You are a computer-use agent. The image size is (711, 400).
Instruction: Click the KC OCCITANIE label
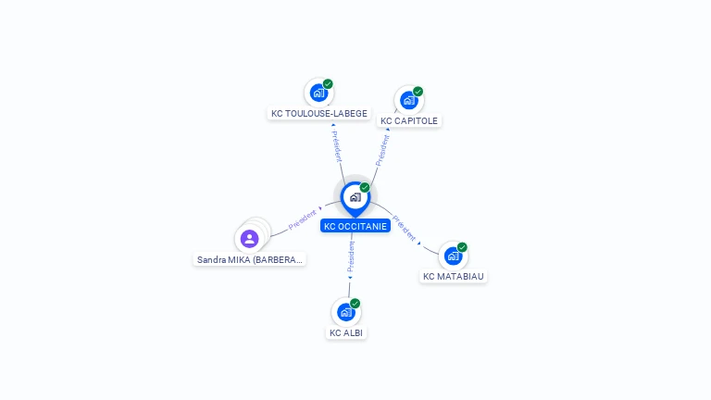pyautogui.click(x=355, y=226)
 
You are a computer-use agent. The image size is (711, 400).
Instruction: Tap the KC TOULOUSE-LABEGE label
pyautogui.click(x=319, y=114)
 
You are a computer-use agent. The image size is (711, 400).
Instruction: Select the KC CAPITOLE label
pyautogui.click(x=409, y=121)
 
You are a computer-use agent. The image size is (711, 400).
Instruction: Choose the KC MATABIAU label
pyautogui.click(x=454, y=276)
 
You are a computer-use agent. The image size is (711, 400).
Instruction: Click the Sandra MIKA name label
pyautogui.click(x=250, y=260)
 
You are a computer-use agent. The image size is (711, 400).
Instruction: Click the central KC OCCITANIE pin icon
pyautogui.click(x=355, y=197)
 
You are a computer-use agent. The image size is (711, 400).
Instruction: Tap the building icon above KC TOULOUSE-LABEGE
pyautogui.click(x=318, y=93)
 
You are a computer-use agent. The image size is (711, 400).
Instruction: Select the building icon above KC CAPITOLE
pyautogui.click(x=408, y=100)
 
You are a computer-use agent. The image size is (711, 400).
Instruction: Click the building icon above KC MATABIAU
pyautogui.click(x=453, y=256)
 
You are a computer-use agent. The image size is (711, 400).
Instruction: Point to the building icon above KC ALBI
pyautogui.click(x=345, y=312)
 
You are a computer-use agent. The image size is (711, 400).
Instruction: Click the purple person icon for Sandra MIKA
pyautogui.click(x=249, y=239)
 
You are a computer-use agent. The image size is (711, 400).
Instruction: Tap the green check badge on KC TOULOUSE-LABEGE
pyautogui.click(x=328, y=84)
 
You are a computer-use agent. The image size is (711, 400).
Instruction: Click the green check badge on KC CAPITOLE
pyautogui.click(x=418, y=92)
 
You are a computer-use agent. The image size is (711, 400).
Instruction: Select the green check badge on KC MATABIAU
pyautogui.click(x=462, y=247)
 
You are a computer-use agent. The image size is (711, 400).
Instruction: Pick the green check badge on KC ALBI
pyautogui.click(x=355, y=304)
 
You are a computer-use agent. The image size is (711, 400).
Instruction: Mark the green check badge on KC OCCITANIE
pyautogui.click(x=365, y=188)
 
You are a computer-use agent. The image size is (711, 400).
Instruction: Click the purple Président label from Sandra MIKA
pyautogui.click(x=303, y=219)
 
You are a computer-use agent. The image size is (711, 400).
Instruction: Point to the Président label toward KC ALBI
pyautogui.click(x=351, y=257)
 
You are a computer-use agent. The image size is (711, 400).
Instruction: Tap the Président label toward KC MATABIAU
pyautogui.click(x=405, y=228)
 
